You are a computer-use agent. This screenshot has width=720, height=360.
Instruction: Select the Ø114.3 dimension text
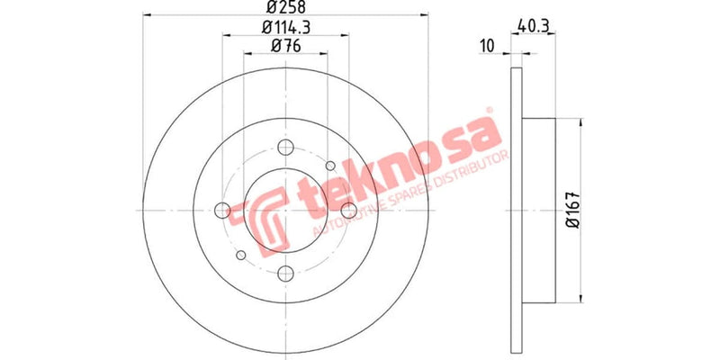(285, 31)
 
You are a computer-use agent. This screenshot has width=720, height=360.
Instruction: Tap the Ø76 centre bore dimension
(284, 48)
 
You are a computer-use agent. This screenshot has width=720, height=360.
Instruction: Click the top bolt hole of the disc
(285, 148)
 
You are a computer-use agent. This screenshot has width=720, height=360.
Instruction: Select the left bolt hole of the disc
(222, 211)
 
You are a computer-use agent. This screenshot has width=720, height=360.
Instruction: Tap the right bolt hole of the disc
(348, 211)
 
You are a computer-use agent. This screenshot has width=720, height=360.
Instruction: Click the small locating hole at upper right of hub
(330, 166)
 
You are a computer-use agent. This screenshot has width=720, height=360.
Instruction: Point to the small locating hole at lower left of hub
(240, 256)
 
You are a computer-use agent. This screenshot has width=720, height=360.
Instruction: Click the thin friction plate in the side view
(516, 210)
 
